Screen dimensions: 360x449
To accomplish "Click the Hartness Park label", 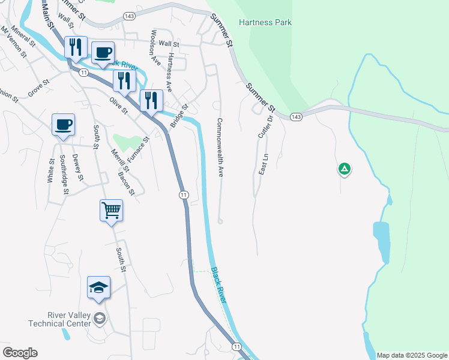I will pyautogui.click(x=265, y=22).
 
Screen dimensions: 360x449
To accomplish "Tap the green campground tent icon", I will pyautogui.click(x=345, y=170).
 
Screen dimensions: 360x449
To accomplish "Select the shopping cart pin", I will pyautogui.click(x=111, y=211).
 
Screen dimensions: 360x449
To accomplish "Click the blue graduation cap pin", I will pyautogui.click(x=98, y=288).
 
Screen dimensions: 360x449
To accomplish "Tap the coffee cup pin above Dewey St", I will pyautogui.click(x=63, y=125).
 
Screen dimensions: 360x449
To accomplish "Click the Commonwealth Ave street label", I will pyautogui.click(x=220, y=147).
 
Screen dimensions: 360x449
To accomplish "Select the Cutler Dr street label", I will pyautogui.click(x=265, y=127).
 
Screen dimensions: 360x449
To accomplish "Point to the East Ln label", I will pyautogui.click(x=263, y=164).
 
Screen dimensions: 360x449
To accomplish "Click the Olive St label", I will pyautogui.click(x=118, y=106).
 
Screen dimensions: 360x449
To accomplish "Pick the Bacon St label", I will pyautogui.click(x=126, y=184).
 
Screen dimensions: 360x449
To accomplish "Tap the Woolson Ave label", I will pyautogui.click(x=155, y=47).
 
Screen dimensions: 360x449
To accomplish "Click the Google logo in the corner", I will pyautogui.click(x=20, y=353).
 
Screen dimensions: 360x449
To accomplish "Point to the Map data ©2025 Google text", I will pyautogui.click(x=411, y=355).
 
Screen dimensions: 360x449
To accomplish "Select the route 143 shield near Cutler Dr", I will pyautogui.click(x=295, y=116).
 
